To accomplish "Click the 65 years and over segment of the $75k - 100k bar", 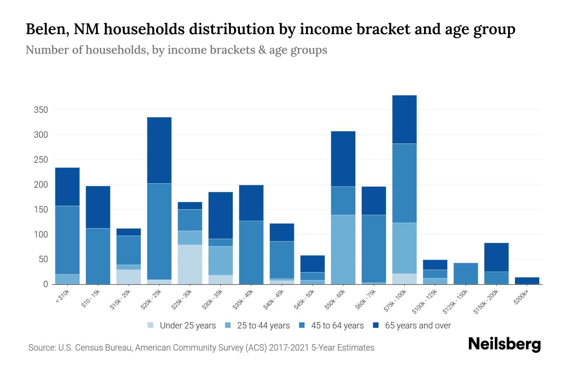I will click(x=404, y=119).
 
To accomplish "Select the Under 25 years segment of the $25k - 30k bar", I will click(x=190, y=264).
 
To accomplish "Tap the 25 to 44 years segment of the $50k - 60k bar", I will click(x=343, y=250).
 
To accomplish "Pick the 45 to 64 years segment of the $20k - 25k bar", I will click(x=159, y=232).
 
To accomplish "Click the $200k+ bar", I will click(x=527, y=281).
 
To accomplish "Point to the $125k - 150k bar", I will click(x=465, y=274).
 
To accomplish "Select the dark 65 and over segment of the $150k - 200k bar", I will click(x=496, y=257).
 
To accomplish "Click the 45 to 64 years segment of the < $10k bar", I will click(x=67, y=240).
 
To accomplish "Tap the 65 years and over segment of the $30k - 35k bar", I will click(x=221, y=215).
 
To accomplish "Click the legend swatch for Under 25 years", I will click(x=151, y=325).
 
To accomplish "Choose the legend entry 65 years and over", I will click(x=417, y=326).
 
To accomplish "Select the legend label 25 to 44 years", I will click(x=263, y=326).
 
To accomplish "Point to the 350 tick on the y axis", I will click(x=41, y=110).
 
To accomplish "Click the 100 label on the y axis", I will click(x=41, y=235).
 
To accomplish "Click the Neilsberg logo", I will click(x=504, y=344).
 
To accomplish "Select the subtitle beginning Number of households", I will click(x=176, y=50).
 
